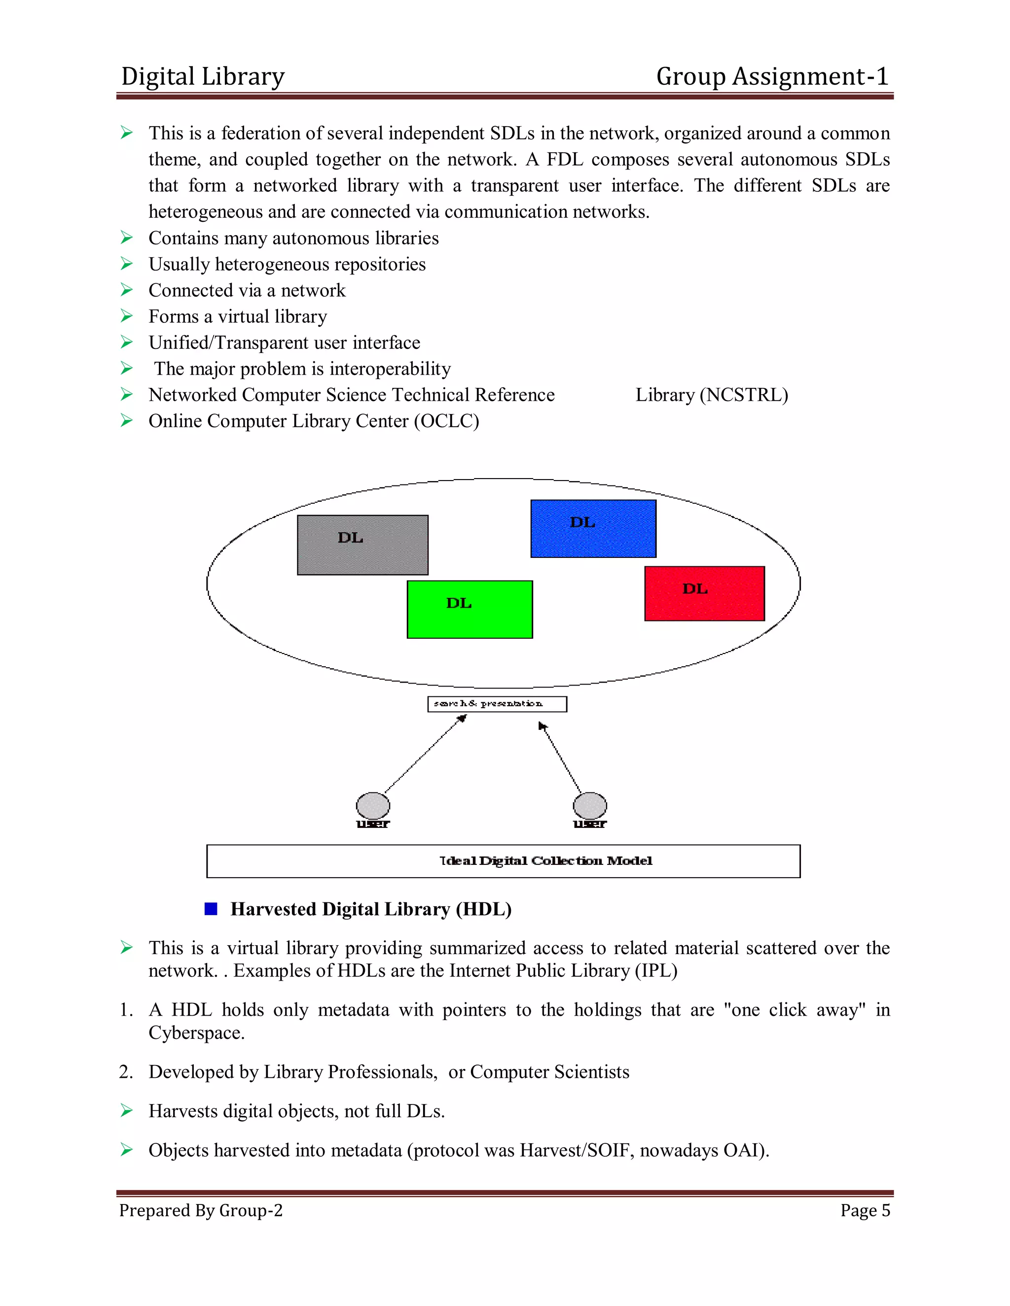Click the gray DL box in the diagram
(362, 545)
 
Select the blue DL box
(593, 529)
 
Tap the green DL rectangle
(469, 609)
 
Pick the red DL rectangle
(704, 593)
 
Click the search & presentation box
(497, 704)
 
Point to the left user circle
(373, 805)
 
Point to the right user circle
(590, 805)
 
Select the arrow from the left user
(425, 755)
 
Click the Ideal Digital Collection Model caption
(546, 861)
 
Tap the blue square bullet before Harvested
(211, 909)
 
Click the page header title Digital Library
(203, 76)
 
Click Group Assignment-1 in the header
(772, 76)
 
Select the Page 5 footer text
(865, 1210)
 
